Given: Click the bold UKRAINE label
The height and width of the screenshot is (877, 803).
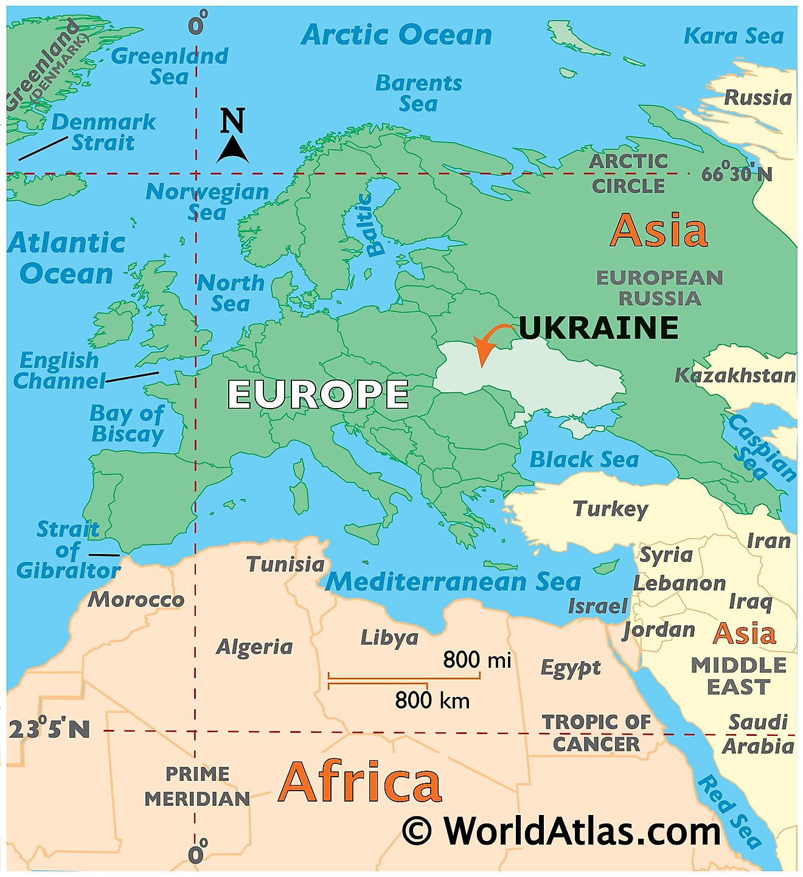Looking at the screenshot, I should pos(599,328).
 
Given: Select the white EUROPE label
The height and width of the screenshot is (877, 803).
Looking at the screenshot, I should pos(318,394).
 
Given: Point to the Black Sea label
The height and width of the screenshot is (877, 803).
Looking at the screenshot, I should pos(584,460).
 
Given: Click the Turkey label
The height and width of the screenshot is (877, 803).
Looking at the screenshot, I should pos(611,508).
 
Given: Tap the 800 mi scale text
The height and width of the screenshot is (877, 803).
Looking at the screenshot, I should pos(476,659).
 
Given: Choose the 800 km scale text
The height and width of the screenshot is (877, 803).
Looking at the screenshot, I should pos(433,701).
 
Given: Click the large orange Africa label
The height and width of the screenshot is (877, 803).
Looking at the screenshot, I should pos(360,782).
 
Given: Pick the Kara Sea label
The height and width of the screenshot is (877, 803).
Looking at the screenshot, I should pos(734,36).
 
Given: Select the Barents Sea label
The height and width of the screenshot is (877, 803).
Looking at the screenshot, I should pos(419,93).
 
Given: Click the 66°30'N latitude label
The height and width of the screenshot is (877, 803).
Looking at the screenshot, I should pos(737,175).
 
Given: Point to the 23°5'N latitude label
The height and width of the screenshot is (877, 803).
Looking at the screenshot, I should pos(49,729).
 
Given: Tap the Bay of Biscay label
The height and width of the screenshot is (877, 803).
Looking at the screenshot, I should pos(127,424).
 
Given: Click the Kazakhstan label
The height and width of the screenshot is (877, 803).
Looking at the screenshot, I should pos(735,375).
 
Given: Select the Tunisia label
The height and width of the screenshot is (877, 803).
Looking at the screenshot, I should pos(285,564).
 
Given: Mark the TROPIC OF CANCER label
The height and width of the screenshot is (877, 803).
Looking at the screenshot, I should pos(596,733).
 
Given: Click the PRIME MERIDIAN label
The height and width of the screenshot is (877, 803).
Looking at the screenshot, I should pos(197,786).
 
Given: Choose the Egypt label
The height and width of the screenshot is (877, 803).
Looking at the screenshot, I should pos(571,668).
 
